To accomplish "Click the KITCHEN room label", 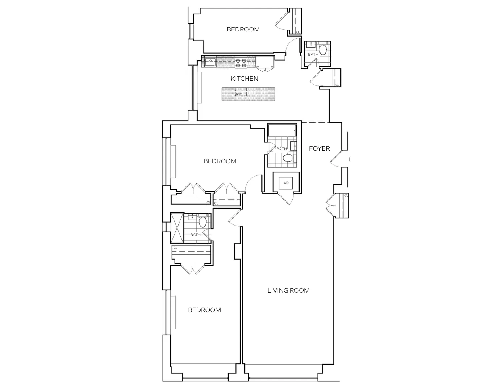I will pyautogui.click(x=244, y=79).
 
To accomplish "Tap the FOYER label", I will pyautogui.click(x=319, y=148).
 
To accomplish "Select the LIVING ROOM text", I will pyautogui.click(x=288, y=290).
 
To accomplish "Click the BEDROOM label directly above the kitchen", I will pyautogui.click(x=243, y=29).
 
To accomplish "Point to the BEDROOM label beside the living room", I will pyautogui.click(x=204, y=310).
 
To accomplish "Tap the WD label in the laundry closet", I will pyautogui.click(x=286, y=183).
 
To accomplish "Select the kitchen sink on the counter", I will pyautogui.click(x=210, y=62).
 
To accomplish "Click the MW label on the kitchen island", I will pyautogui.click(x=238, y=94).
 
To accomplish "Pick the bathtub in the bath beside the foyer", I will pyautogui.click(x=282, y=130).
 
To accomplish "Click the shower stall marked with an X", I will pyautogui.click(x=177, y=228).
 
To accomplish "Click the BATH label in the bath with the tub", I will pyautogui.click(x=281, y=149).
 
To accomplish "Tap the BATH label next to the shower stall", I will pyautogui.click(x=195, y=235).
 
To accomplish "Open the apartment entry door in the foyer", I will pyautogui.click(x=336, y=159).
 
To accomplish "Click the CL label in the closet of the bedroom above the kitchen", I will pyautogui.click(x=298, y=32).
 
